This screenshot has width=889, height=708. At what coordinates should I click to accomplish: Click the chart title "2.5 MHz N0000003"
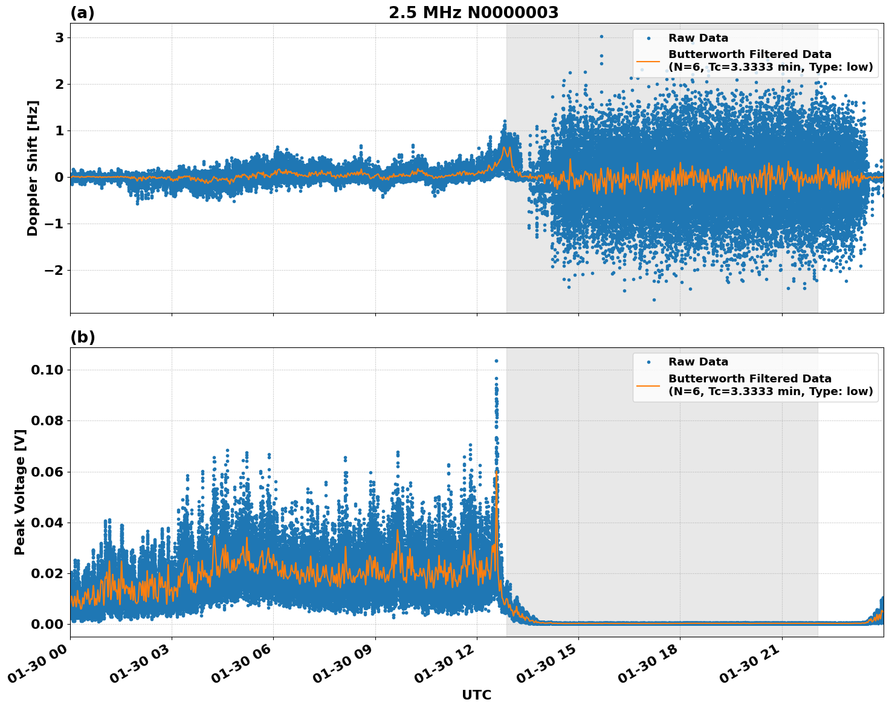[x=473, y=13]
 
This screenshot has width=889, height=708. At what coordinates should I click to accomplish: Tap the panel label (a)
[x=82, y=13]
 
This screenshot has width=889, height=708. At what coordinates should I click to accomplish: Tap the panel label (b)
[x=82, y=337]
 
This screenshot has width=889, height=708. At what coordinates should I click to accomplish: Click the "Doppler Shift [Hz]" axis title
[x=33, y=168]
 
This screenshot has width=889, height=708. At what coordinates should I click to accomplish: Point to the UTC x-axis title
[x=476, y=695]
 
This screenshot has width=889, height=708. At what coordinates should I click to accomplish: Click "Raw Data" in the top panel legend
[x=698, y=39]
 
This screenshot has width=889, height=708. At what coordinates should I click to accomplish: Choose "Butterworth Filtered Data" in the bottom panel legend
[x=749, y=379]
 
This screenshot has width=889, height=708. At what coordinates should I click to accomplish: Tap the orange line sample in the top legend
[x=648, y=61]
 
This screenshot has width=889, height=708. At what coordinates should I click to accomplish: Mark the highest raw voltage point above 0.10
[x=496, y=361]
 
